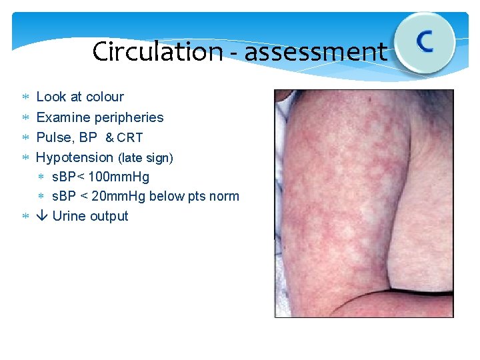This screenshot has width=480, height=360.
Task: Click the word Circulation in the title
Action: (157, 51)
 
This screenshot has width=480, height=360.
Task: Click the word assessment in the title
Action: (315, 51)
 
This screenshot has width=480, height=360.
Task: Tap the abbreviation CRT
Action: (130, 138)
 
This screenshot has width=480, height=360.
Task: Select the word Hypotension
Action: (75, 157)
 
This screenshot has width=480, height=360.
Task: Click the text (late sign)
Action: (145, 158)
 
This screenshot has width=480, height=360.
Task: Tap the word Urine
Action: (68, 216)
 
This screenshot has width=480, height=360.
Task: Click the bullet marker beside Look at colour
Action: (25, 97)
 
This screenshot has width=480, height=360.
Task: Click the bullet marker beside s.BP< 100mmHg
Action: (41, 177)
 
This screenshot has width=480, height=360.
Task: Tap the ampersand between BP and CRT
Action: (110, 138)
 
